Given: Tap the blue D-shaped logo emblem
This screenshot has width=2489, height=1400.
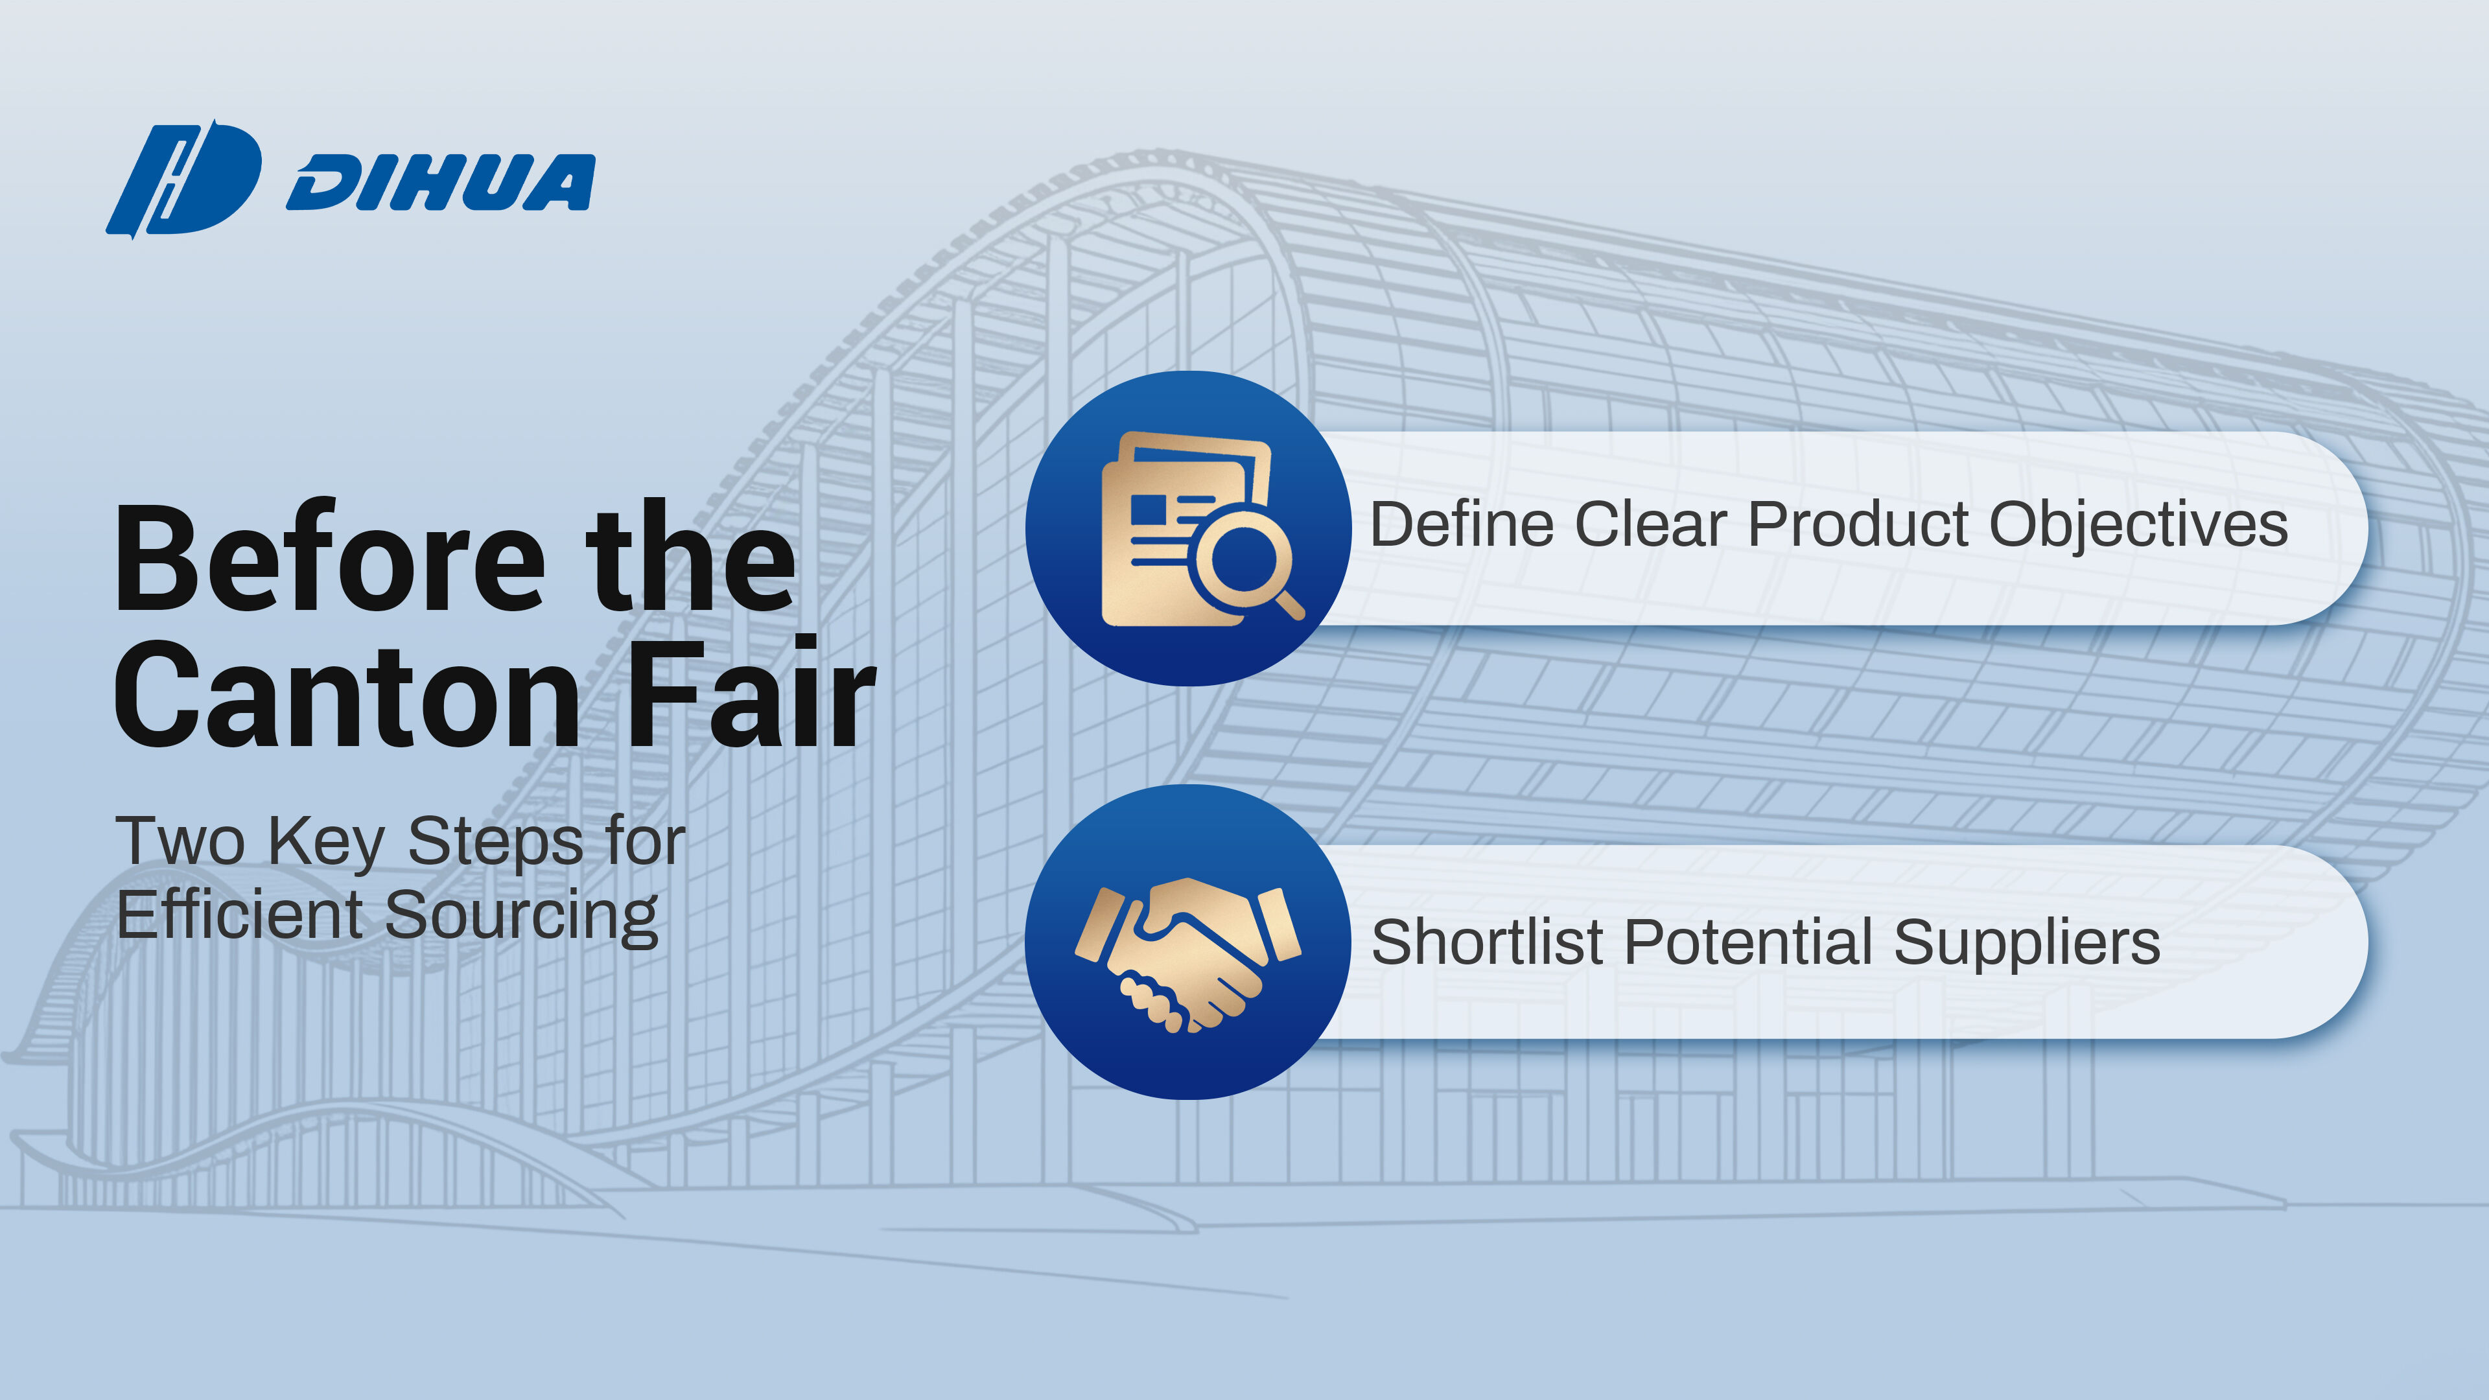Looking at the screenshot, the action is click(183, 180).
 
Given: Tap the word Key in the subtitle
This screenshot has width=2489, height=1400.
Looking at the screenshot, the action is click(327, 843).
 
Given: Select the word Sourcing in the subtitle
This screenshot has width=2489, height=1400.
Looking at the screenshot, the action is click(522, 918).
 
